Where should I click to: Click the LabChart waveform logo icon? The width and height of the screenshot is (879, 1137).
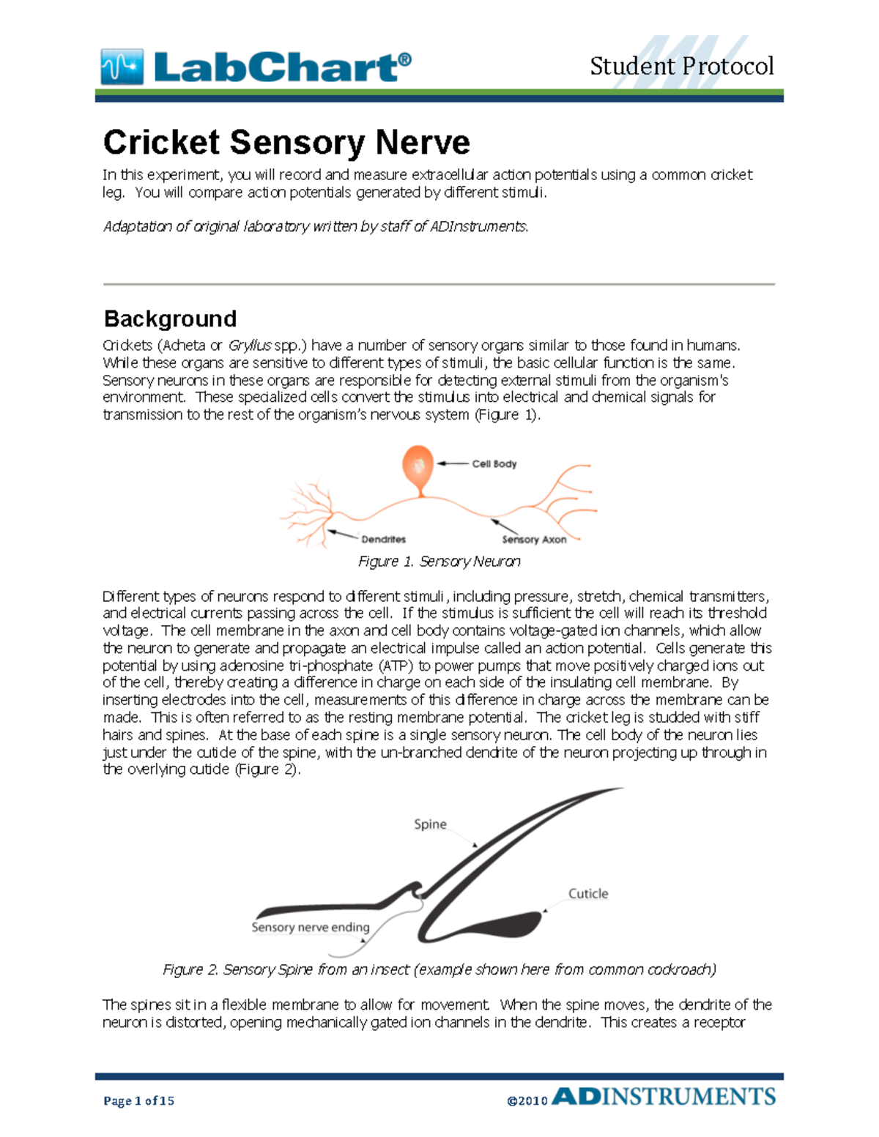point(122,67)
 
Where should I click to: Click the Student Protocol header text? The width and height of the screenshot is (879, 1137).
point(681,66)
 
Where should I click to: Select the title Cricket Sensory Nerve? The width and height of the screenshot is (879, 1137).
point(286,142)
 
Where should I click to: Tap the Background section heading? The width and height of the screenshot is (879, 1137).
point(170,318)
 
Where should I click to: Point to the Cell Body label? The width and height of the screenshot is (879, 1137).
point(494,463)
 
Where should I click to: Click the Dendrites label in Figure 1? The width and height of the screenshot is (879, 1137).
point(383,539)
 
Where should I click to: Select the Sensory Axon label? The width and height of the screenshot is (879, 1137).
point(534,540)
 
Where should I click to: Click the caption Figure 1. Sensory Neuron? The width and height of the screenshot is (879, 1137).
point(439,562)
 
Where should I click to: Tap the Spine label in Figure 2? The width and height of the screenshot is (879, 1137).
point(430,824)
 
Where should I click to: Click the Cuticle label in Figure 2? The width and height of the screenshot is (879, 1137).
point(588,893)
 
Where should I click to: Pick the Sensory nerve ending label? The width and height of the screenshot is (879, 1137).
point(310,927)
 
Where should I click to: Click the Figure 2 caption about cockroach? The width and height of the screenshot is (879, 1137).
point(439,969)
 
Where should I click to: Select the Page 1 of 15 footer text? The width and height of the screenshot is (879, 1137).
point(138,1100)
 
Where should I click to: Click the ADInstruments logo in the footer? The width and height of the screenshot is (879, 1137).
point(664,1097)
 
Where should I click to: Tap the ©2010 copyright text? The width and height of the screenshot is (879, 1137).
point(527,1100)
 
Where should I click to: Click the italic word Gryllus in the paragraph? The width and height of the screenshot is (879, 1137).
point(250,345)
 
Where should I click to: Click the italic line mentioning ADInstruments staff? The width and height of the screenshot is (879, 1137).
point(315,226)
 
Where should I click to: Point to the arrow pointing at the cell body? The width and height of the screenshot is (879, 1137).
point(453,463)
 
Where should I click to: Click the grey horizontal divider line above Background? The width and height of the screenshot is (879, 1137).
point(439,284)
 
